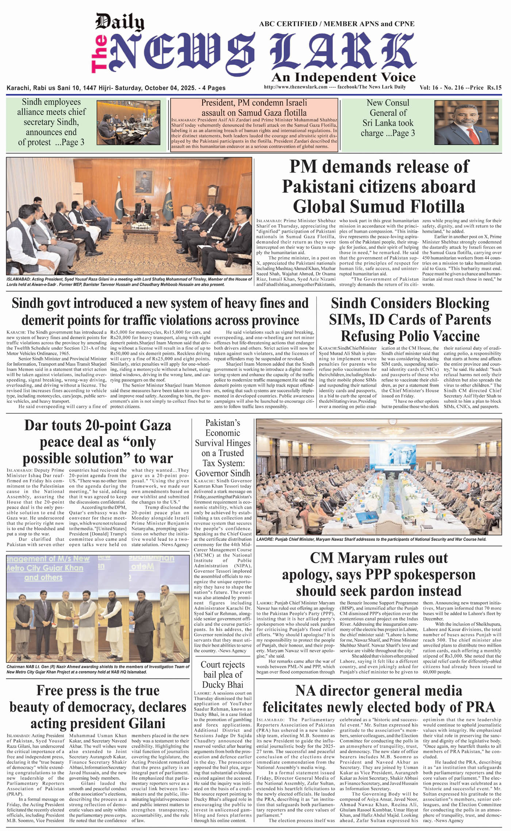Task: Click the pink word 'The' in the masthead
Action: (99, 53)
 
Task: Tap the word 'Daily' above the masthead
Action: (120, 22)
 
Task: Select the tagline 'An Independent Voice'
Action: (343, 77)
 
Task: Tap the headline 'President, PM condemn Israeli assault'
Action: (254, 108)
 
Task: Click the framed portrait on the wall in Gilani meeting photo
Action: (143, 181)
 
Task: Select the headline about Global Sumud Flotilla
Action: (379, 186)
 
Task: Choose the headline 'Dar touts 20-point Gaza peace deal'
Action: (98, 442)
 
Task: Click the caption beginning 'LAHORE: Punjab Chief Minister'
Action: (371, 539)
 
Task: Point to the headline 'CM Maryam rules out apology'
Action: (379, 574)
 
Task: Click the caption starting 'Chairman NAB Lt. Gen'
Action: (98, 669)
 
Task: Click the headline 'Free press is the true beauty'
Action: (98, 707)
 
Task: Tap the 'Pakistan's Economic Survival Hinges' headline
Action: (223, 448)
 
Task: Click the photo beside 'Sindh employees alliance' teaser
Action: (128, 122)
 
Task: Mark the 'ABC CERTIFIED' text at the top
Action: (288, 24)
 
